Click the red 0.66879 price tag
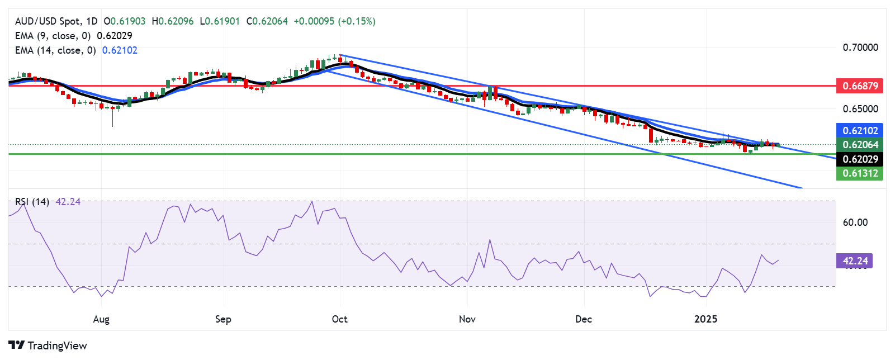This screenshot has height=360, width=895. point(860,86)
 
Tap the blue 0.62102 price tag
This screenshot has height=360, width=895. point(860,130)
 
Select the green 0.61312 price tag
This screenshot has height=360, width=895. point(860,173)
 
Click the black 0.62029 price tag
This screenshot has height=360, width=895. point(860,159)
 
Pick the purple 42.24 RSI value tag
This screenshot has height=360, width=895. point(855,261)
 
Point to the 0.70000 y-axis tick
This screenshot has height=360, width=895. point(860,48)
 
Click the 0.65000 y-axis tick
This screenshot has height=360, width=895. point(860,108)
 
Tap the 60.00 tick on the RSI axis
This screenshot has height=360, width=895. point(855,222)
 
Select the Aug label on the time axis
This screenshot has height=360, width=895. point(101,319)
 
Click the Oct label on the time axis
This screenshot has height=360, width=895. point(339,319)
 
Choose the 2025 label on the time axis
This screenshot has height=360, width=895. point(705,319)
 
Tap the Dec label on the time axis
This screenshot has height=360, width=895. point(584,319)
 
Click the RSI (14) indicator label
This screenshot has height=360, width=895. point(32,202)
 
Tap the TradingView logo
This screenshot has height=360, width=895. point(48,345)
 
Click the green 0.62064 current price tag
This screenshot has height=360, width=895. point(860,145)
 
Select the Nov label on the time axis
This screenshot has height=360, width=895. point(467,319)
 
